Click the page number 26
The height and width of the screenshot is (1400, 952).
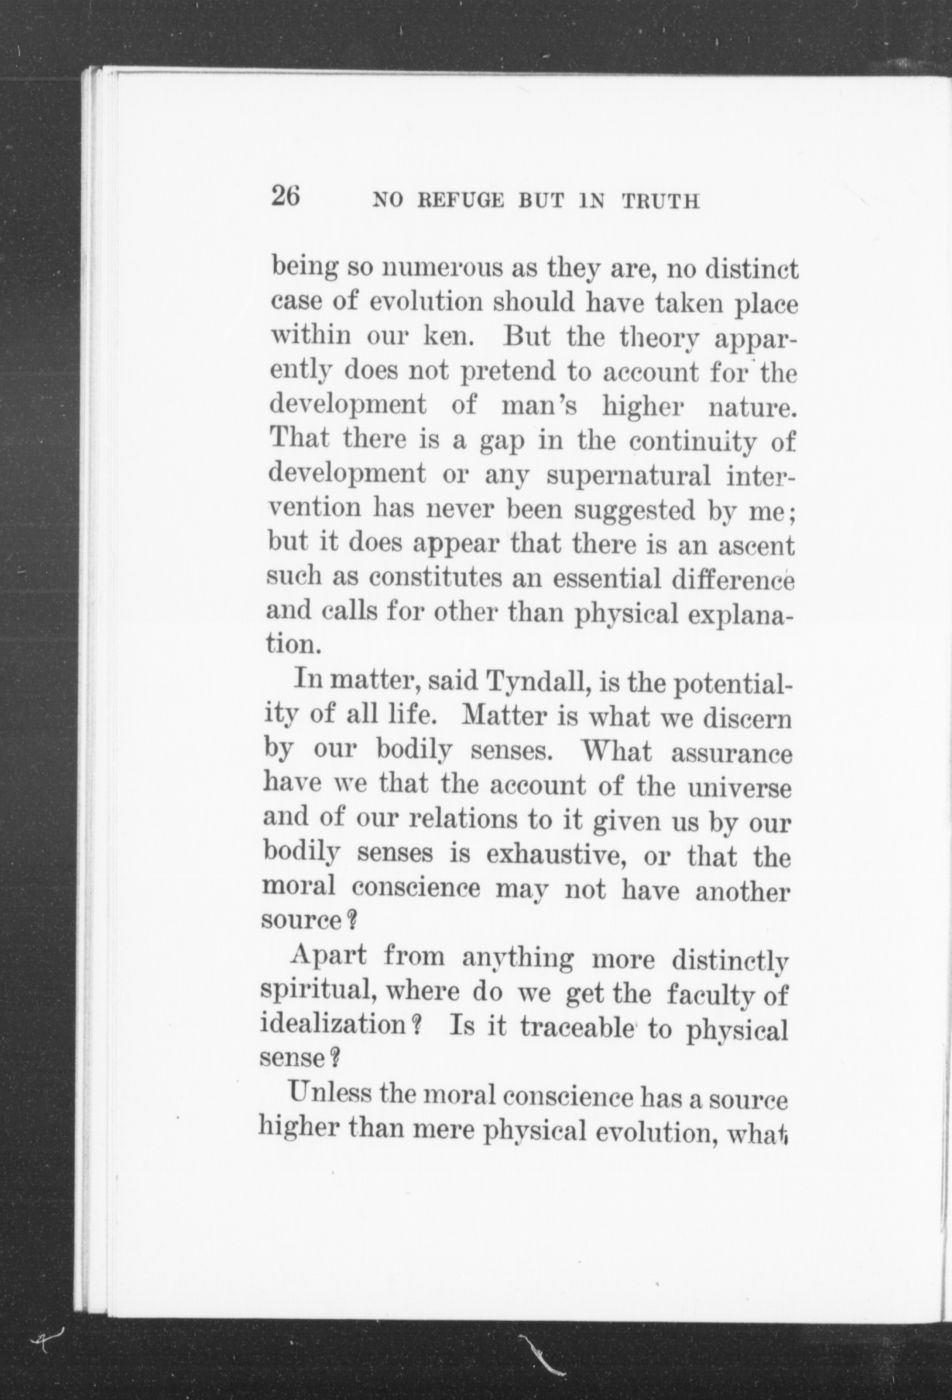(x=285, y=197)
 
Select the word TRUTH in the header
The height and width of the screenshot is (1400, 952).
(x=660, y=201)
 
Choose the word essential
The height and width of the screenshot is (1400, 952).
(x=608, y=579)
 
